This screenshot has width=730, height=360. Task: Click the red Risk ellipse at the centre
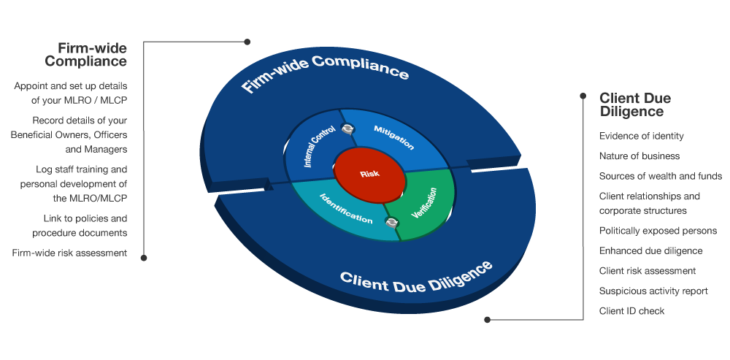pyautogui.click(x=369, y=175)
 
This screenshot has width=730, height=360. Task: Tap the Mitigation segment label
pyautogui.click(x=393, y=137)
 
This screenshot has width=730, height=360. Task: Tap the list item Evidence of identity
pyautogui.click(x=641, y=136)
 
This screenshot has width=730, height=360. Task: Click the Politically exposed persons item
pyautogui.click(x=658, y=231)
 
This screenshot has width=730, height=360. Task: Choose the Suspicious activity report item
pyautogui.click(x=653, y=291)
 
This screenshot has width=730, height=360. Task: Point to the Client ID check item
pyautogui.click(x=631, y=311)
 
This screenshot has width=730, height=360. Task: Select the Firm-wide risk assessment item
pyautogui.click(x=69, y=253)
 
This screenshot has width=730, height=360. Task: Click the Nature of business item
pyautogui.click(x=639, y=156)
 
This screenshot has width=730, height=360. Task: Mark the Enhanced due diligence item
pyautogui.click(x=650, y=250)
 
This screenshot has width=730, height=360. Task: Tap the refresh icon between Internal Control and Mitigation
pyautogui.click(x=348, y=129)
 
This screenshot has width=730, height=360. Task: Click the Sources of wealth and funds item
pyautogui.click(x=660, y=176)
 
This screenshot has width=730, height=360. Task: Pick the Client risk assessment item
pyautogui.click(x=647, y=271)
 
